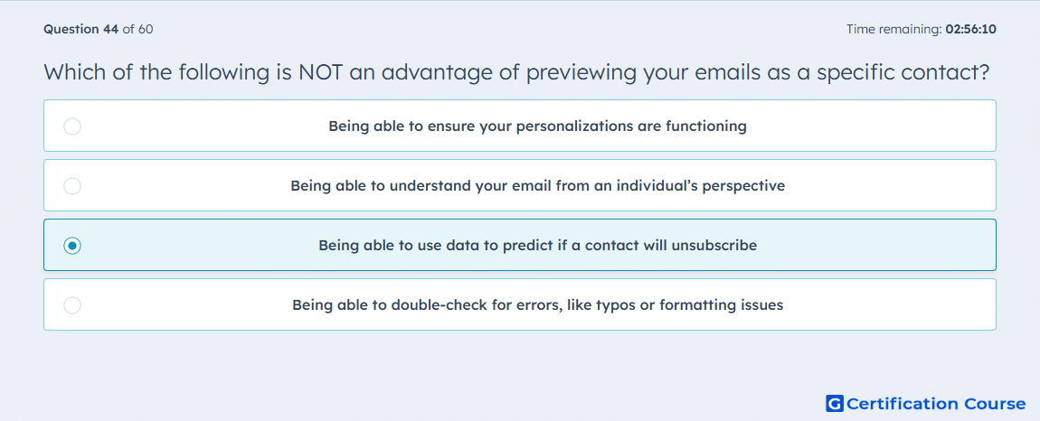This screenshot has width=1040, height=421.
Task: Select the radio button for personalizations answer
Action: click(x=72, y=126)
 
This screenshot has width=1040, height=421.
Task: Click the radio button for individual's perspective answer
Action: click(x=72, y=185)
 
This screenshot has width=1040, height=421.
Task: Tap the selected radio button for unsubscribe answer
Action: click(x=72, y=246)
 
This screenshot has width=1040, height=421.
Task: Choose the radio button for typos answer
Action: click(x=72, y=305)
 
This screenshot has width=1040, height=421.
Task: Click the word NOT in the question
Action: click(x=322, y=71)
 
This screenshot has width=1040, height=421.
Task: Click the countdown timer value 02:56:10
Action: click(x=971, y=29)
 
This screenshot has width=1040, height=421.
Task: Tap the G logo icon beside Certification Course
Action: click(x=835, y=403)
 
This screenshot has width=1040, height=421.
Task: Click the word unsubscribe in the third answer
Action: click(x=714, y=246)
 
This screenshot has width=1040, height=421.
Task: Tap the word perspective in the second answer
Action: click(x=746, y=186)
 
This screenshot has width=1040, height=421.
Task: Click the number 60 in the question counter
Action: click(x=146, y=29)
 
